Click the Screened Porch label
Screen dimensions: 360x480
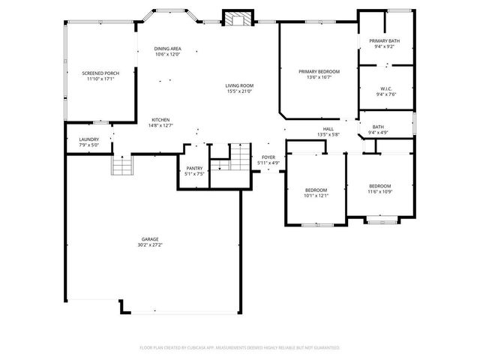tap(100, 73)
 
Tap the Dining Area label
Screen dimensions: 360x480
tap(168, 49)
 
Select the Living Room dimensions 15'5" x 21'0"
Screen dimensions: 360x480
tap(239, 91)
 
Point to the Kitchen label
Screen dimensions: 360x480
tap(160, 120)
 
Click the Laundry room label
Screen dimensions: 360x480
tap(89, 139)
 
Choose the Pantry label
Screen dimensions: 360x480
tap(193, 168)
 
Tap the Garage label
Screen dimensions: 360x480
tap(150, 239)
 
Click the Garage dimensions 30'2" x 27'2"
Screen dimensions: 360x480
tap(150, 245)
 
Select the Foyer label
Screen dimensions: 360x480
tap(268, 157)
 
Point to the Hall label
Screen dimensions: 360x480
tap(328, 129)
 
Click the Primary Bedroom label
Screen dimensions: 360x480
tap(319, 71)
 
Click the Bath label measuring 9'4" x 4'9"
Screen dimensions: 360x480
tap(378, 127)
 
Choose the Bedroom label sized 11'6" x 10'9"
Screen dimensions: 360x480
tap(379, 185)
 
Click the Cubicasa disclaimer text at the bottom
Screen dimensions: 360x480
tap(239, 348)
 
